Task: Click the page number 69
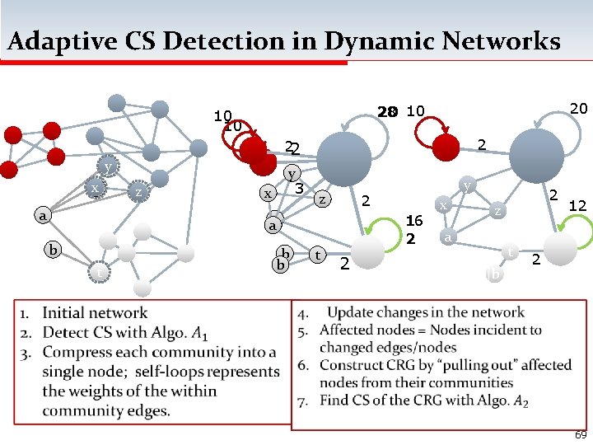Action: pyautogui.click(x=581, y=434)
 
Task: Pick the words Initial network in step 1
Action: pyautogui.click(x=95, y=313)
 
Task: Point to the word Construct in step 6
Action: pyautogui.click(x=355, y=365)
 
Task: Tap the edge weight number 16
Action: pyautogui.click(x=414, y=221)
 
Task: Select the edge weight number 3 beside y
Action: pyautogui.click(x=300, y=189)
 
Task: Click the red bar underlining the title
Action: pyautogui.click(x=174, y=61)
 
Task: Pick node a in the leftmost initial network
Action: pyautogui.click(x=41, y=216)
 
